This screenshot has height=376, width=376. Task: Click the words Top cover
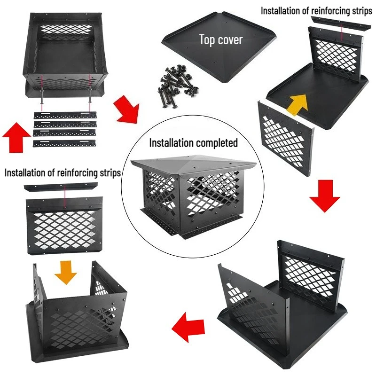pyautogui.click(x=221, y=40)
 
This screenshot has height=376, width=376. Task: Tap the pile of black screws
pyautogui.click(x=178, y=86)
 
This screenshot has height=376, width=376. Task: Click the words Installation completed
pyautogui.click(x=193, y=143)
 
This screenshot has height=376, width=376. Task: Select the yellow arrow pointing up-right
pyautogui.click(x=298, y=104)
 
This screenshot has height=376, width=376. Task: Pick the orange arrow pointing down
pyautogui.click(x=65, y=272)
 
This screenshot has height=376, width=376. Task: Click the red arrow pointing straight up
pyautogui.click(x=16, y=137)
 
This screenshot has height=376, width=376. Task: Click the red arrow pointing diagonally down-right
pyautogui.click(x=126, y=110)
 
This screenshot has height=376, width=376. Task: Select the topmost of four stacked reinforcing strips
pyautogui.click(x=65, y=115)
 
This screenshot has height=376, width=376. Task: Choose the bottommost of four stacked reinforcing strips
pyautogui.click(x=64, y=143)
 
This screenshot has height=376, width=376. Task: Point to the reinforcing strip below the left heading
pyautogui.click(x=61, y=187)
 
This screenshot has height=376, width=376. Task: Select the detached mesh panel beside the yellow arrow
pyautogui.click(x=286, y=138)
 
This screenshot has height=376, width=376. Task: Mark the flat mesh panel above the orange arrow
pyautogui.click(x=64, y=226)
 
